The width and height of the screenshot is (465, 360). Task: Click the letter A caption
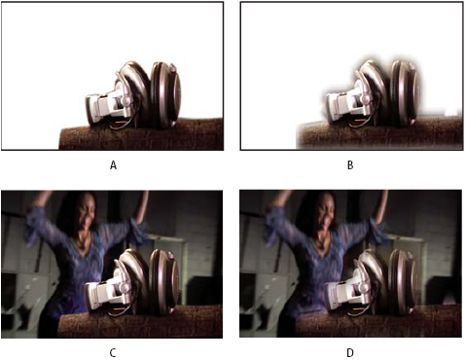click(x=113, y=165)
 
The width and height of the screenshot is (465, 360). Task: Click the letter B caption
click(x=350, y=165)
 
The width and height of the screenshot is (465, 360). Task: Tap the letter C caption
click(x=113, y=352)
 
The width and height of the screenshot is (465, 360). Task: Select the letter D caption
click(x=350, y=352)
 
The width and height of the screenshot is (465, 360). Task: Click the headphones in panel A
click(x=133, y=95)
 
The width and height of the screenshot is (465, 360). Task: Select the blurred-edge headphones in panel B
click(x=372, y=94)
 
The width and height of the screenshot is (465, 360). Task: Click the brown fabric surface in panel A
click(x=141, y=135)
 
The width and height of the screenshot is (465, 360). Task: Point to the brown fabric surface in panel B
click(x=379, y=133)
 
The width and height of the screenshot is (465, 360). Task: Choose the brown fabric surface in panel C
click(x=140, y=322)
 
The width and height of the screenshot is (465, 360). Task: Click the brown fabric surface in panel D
click(x=378, y=322)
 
